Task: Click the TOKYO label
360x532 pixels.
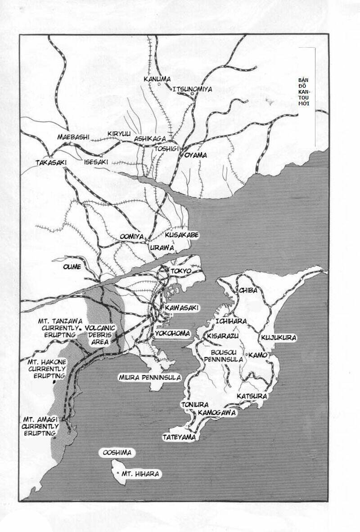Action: [181, 271]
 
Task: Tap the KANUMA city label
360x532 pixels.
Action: [157, 79]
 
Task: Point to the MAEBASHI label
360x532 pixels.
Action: [74, 137]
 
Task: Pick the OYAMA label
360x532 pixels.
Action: [195, 155]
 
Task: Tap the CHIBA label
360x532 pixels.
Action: [248, 290]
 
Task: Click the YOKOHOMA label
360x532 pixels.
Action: [172, 334]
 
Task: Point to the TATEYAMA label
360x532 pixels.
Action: [180, 437]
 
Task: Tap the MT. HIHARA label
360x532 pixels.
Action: [139, 473]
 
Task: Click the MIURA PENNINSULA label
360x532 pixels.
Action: [149, 377]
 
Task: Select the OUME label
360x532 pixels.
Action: [72, 266]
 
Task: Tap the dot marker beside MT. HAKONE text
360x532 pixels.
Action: [54, 382]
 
